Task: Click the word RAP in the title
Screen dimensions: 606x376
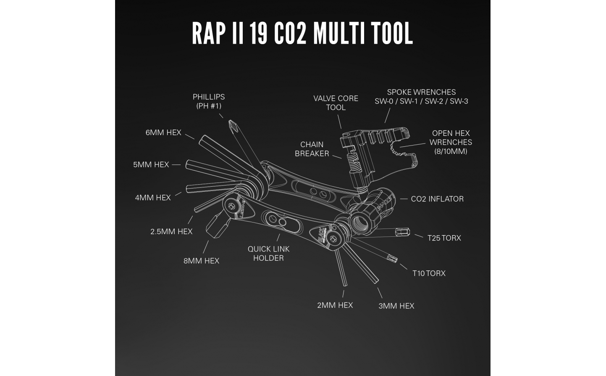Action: click(x=209, y=33)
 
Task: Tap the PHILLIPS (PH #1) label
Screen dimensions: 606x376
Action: click(x=209, y=101)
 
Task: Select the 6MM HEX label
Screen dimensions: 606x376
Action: click(x=163, y=132)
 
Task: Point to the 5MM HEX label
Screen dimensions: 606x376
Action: click(x=151, y=164)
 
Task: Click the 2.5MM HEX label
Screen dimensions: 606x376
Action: click(x=171, y=232)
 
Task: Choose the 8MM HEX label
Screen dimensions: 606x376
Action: click(x=201, y=261)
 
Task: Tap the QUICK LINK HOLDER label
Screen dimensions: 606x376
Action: click(x=268, y=254)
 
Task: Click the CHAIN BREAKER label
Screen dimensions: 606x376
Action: click(x=312, y=149)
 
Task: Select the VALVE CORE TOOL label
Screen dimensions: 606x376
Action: click(x=336, y=103)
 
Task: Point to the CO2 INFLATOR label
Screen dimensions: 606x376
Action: click(x=437, y=199)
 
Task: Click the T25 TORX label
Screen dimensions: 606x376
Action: click(x=444, y=238)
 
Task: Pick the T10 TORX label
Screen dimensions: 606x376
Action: click(x=429, y=273)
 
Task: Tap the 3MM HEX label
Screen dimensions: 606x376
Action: click(x=396, y=306)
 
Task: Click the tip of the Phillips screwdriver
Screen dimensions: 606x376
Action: click(x=230, y=121)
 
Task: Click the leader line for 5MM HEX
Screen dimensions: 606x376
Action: click(x=176, y=164)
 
